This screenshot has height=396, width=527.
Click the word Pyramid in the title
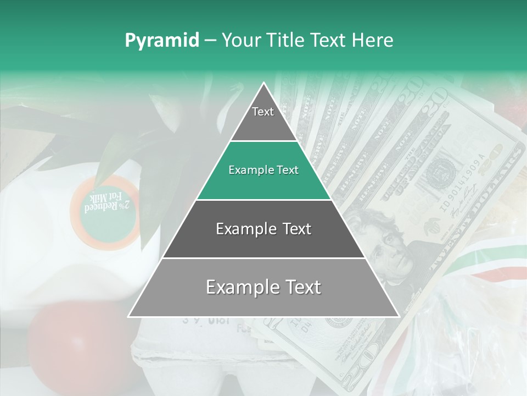coord(162,41)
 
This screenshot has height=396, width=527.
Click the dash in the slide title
coord(210,41)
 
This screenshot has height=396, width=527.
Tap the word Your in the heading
coord(240,41)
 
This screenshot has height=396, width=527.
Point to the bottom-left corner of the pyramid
coord(129,317)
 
